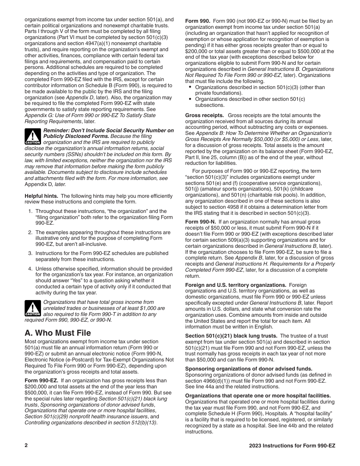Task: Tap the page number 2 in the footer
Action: click(x=26, y=446)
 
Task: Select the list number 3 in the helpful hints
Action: click(x=30, y=253)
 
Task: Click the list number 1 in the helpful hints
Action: click(x=30, y=211)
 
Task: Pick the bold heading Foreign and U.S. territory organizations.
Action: click(x=235, y=285)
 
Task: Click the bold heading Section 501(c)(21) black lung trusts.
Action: click(x=231, y=336)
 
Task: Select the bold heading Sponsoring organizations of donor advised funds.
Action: click(x=249, y=368)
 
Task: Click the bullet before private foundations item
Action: click(x=190, y=87)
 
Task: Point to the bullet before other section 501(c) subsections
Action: click(x=190, y=99)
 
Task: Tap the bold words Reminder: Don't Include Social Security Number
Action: click(x=109, y=130)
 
